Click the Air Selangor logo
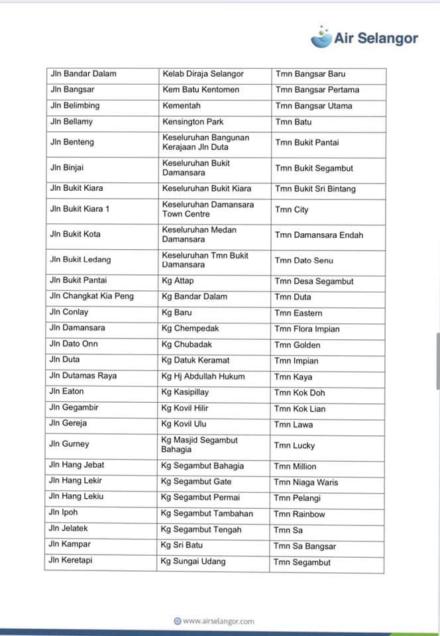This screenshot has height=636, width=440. click(x=364, y=38)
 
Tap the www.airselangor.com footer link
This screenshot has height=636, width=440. click(x=214, y=621)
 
